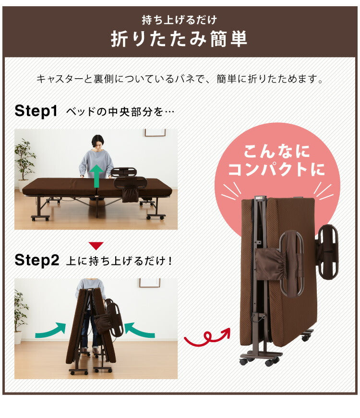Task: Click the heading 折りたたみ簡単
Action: (179, 39)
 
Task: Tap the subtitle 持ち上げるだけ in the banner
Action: (179, 20)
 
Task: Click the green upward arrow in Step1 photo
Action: (97, 175)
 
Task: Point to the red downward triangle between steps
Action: (96, 246)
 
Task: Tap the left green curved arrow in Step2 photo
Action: (50, 330)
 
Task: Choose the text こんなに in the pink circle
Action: (276, 152)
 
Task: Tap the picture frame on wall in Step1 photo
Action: (155, 132)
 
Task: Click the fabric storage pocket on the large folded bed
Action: (271, 264)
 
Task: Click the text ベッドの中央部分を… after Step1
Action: (120, 112)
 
